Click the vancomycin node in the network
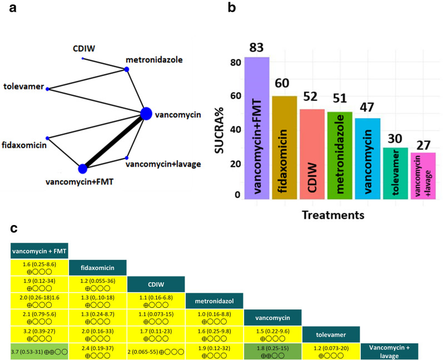coord(146,113)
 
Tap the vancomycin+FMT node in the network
coord(83,168)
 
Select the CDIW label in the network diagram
coord(84,48)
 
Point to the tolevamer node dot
coord(47,89)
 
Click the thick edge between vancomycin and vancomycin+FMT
coord(115,141)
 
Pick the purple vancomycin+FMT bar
coord(257,128)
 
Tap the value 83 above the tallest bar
coord(257,48)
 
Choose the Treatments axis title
coord(340,214)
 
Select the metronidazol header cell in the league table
coord(215,302)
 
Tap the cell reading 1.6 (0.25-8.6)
coord(39,268)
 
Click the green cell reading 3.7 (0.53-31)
coord(39,352)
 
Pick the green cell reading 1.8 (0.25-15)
coord(272,352)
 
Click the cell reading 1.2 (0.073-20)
coord(331,352)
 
